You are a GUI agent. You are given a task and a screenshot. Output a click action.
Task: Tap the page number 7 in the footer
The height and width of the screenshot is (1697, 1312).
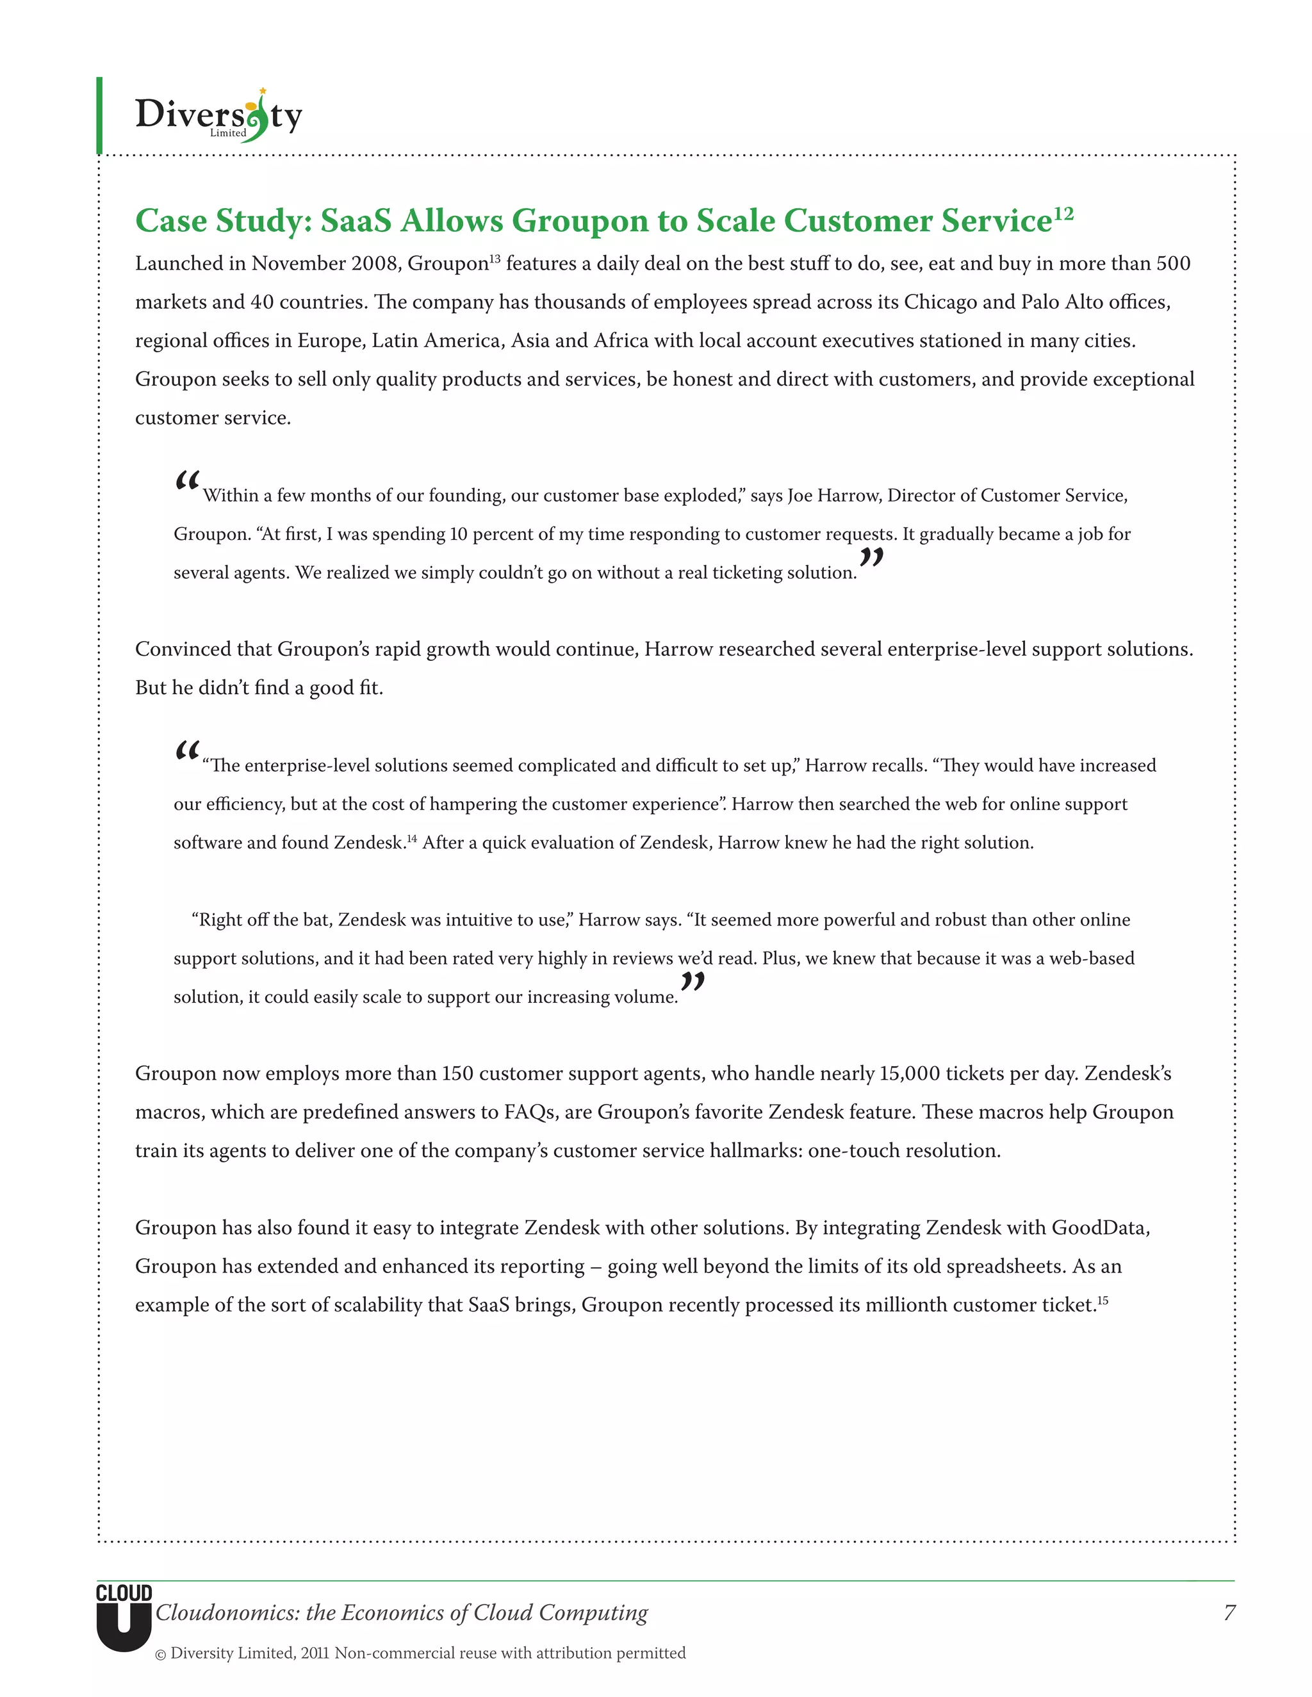[1229, 1612]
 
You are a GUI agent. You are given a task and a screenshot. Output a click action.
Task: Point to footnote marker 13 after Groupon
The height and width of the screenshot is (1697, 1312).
[495, 258]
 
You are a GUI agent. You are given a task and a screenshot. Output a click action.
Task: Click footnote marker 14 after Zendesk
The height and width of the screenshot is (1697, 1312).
[412, 838]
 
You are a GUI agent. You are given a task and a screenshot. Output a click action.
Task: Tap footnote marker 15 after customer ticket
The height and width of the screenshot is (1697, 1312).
[1103, 1300]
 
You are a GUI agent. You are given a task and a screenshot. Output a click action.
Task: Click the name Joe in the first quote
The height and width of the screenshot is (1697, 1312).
[801, 496]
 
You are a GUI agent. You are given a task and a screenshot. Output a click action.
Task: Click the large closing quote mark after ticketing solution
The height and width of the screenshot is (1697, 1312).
[871, 558]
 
